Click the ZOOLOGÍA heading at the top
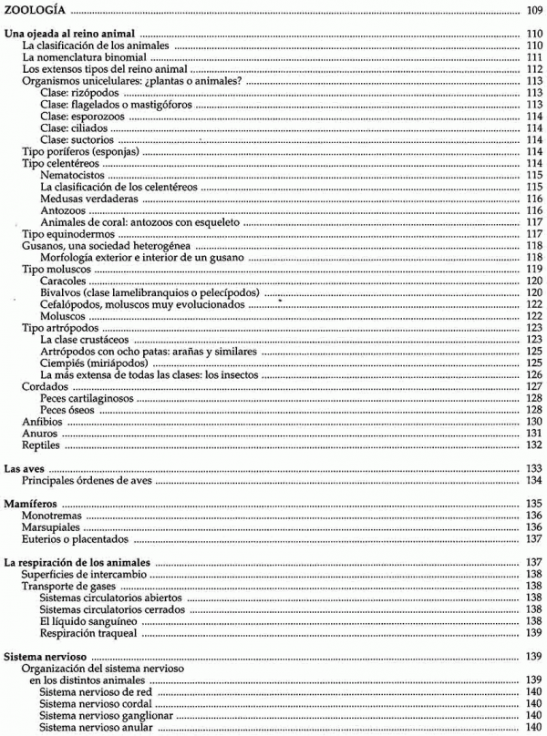[x=36, y=11]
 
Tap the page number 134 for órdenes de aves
[x=535, y=480]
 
